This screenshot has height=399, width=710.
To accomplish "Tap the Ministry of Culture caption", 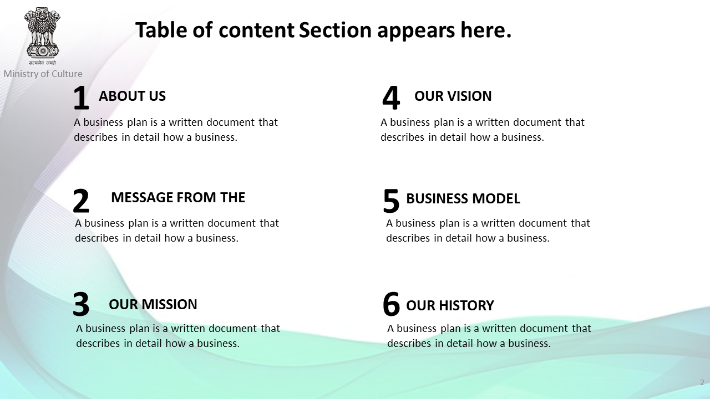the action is (43, 74).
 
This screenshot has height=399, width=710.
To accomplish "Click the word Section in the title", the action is (335, 30).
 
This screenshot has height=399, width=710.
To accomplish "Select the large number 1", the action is (81, 98).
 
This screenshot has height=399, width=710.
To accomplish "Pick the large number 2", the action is (81, 201).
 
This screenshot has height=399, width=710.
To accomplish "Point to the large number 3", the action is (81, 304).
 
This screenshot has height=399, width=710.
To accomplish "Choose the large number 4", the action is (391, 98).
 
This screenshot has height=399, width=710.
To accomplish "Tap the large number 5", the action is (391, 201).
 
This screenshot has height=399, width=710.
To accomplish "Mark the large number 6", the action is (391, 304).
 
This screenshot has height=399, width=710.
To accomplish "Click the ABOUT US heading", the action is (132, 96).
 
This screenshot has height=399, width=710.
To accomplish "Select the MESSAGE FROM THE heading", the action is (178, 198).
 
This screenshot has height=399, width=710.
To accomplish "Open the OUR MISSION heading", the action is (153, 305).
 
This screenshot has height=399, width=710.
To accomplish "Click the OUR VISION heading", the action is (453, 96).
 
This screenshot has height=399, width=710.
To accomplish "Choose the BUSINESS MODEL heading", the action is (463, 199).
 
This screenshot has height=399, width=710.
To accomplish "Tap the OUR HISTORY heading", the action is (450, 306).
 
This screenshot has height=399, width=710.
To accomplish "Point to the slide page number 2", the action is (702, 382).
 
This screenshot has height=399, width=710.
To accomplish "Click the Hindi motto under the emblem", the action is (43, 63).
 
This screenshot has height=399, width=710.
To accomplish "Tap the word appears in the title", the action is (416, 32).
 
